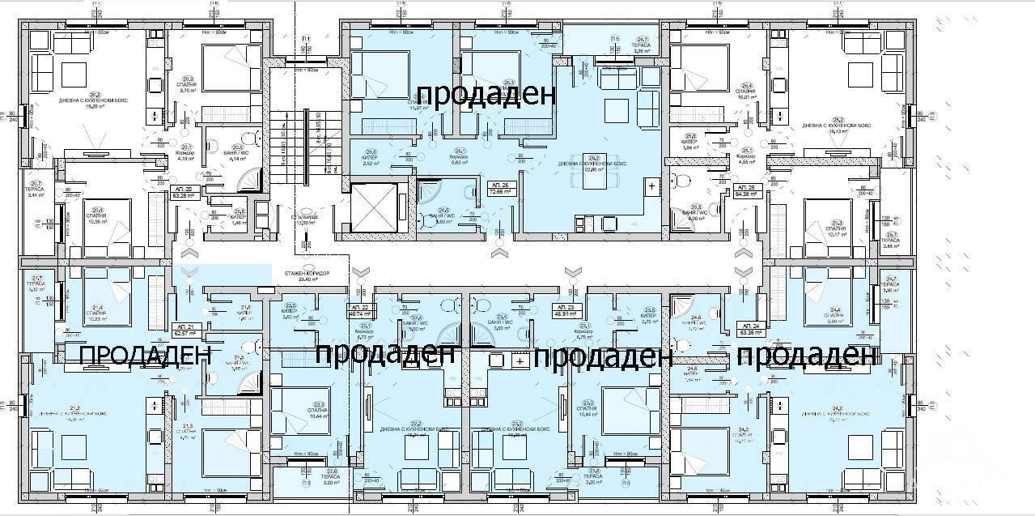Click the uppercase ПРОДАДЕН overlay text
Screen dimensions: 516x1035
146,355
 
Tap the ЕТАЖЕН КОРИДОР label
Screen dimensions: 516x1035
303,276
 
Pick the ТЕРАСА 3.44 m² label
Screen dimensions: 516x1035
36,192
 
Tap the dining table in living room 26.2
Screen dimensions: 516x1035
594,171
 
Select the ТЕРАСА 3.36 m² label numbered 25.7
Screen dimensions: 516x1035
642,45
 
